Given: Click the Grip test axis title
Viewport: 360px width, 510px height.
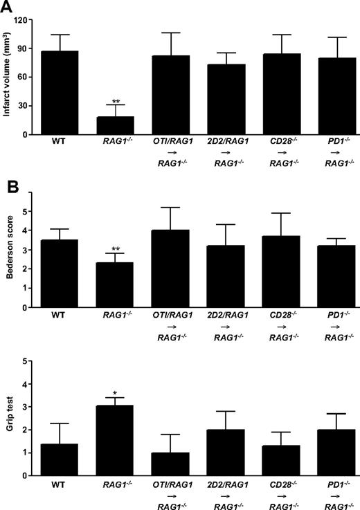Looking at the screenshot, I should [x=8, y=419].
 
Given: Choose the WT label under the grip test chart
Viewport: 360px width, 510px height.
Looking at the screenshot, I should [x=60, y=485].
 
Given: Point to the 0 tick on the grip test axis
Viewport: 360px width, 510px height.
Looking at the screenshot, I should [x=31, y=475].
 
